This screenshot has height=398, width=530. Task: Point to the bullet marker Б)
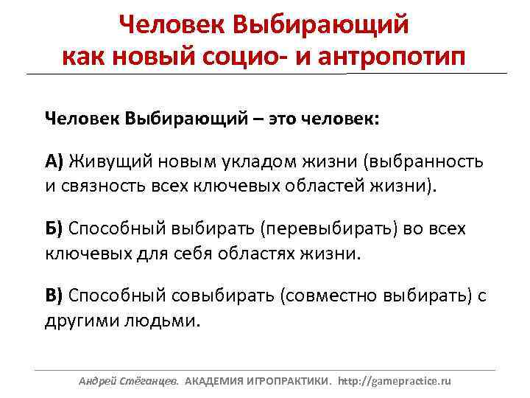tap(54, 228)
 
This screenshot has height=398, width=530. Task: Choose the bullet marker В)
tap(54, 296)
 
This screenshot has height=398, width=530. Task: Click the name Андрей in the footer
tap(97, 382)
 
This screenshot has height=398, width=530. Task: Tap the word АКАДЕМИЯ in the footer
tap(215, 382)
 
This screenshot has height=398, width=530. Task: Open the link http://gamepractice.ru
tap(394, 382)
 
